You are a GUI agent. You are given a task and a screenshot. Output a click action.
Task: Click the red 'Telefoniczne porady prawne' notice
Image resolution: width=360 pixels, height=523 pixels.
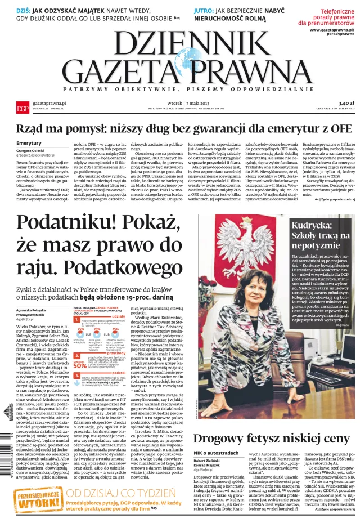[x=332, y=17]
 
